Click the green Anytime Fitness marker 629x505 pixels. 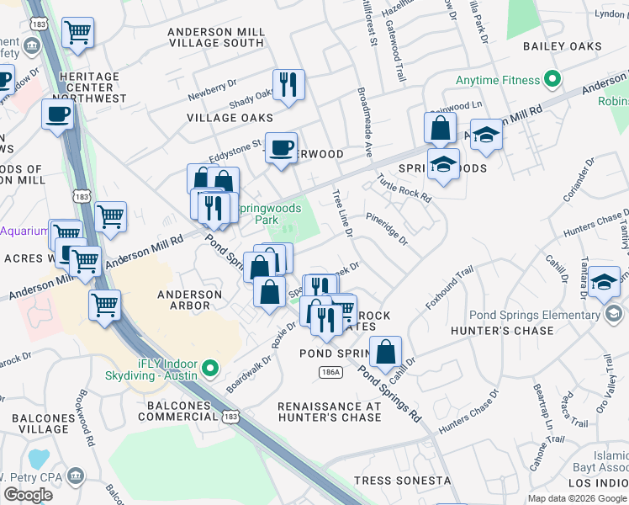click(552, 81)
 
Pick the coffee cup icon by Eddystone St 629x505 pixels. click(282, 148)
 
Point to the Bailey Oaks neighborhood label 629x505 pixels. click(562, 46)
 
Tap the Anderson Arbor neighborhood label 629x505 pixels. click(190, 300)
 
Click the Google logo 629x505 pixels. click(28, 495)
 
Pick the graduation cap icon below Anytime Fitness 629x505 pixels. click(486, 135)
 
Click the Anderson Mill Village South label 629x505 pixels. click(216, 37)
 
